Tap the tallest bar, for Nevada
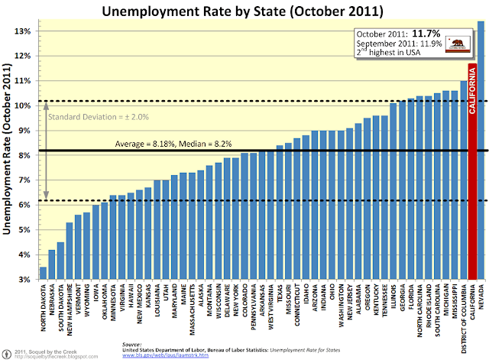point(481,153)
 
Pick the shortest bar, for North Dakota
point(43,274)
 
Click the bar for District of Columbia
point(462,183)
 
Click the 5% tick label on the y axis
point(24,230)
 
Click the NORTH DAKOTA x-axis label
point(43,306)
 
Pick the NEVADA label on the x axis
point(481,298)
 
